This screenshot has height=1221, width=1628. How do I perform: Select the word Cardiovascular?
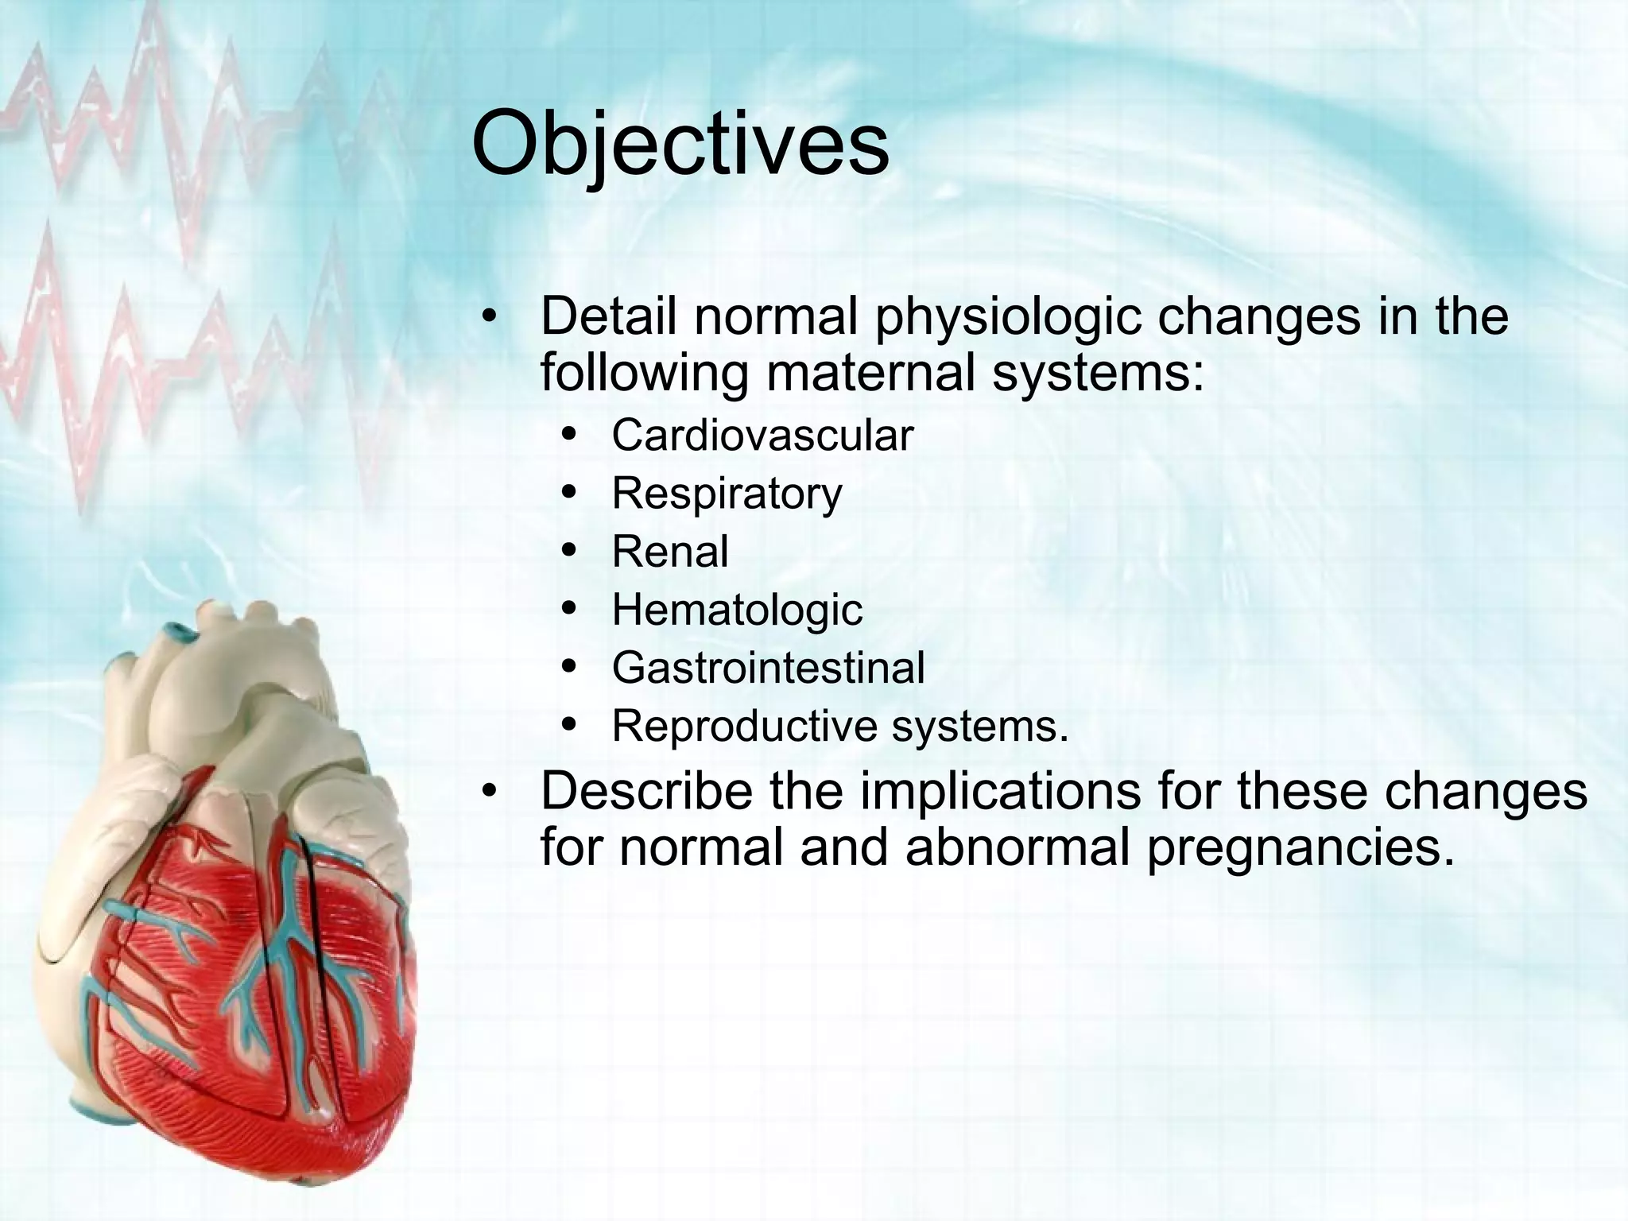coord(762,436)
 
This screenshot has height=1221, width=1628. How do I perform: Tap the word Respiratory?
coord(726,494)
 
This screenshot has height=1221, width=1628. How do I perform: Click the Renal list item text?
coord(669,552)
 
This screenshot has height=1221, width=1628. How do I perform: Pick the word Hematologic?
coord(736,610)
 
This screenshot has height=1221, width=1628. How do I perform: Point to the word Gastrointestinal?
coord(768,668)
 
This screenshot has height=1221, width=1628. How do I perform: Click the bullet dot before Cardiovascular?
coord(568,435)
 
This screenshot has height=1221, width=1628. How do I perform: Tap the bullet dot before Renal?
coord(568,551)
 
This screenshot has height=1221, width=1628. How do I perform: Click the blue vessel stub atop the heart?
coord(180,633)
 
